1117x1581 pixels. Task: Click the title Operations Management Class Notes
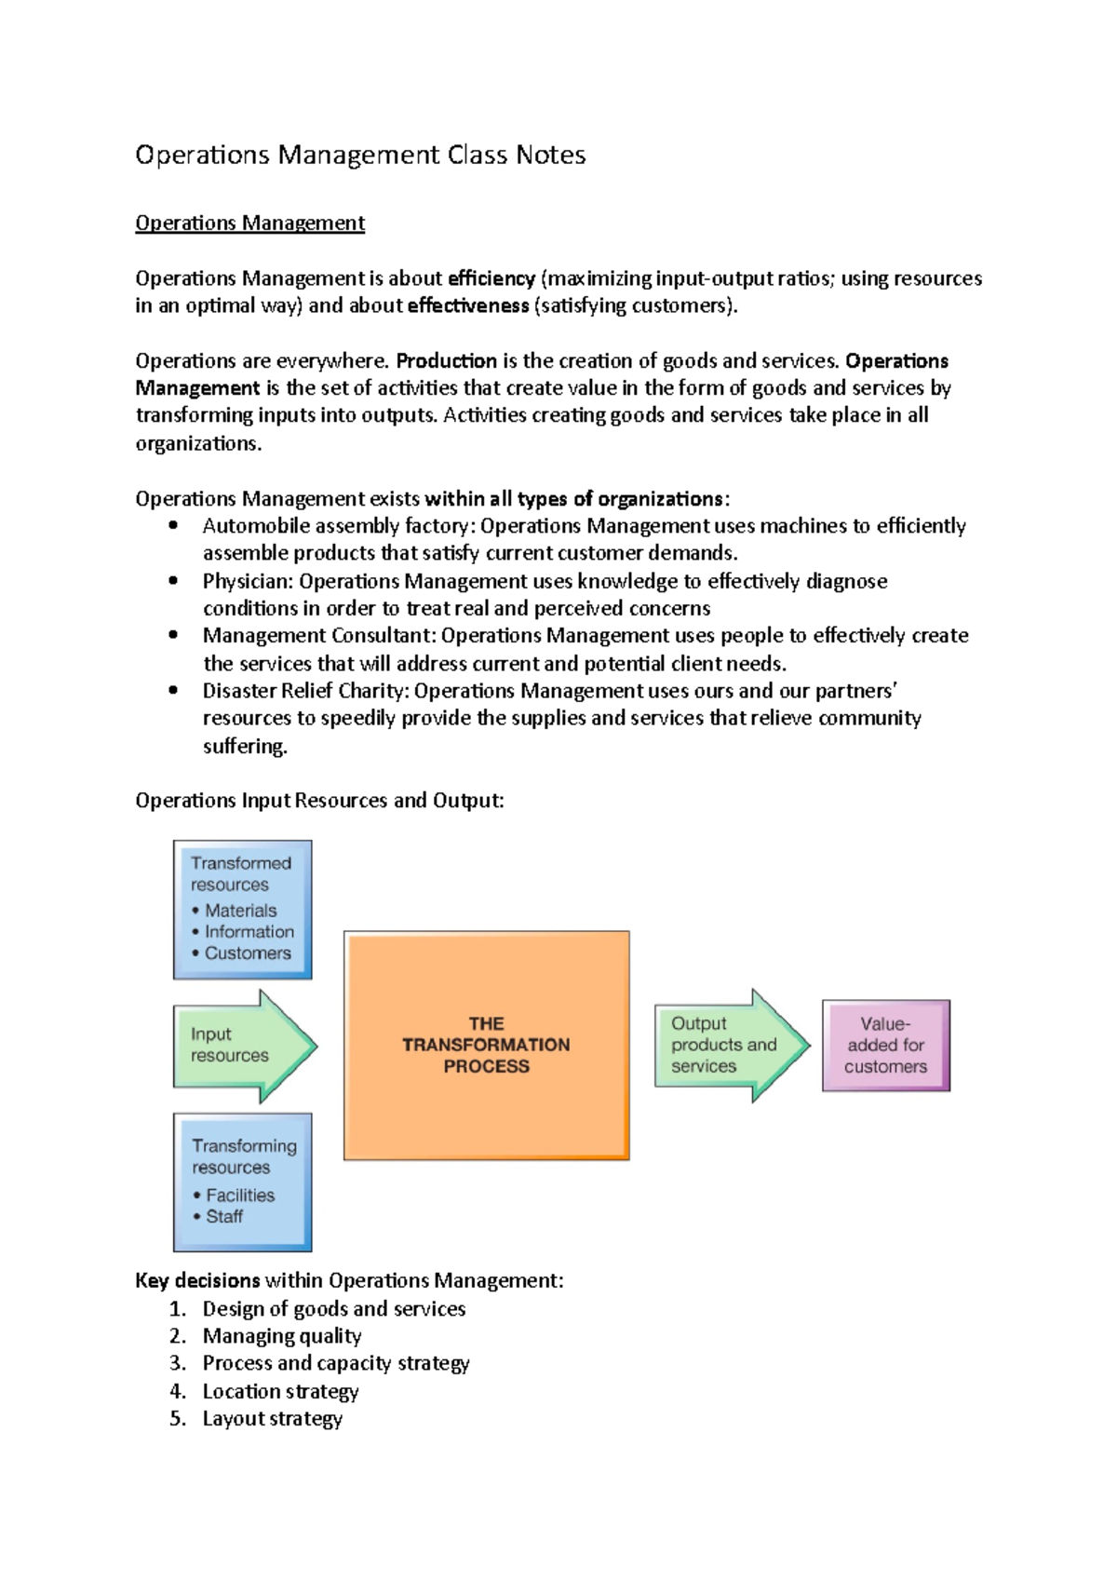(x=360, y=155)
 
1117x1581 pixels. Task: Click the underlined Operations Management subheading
(x=249, y=223)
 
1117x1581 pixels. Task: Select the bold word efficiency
(x=491, y=278)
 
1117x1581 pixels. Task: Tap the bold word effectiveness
(x=467, y=306)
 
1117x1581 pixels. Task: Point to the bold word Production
(x=446, y=361)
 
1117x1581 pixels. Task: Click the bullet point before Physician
(x=173, y=581)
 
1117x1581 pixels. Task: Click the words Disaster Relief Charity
(x=304, y=691)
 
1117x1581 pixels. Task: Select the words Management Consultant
(x=317, y=636)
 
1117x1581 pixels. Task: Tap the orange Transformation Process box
(x=486, y=1045)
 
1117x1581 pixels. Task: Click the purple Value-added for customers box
(x=885, y=1046)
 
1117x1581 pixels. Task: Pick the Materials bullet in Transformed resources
(x=240, y=911)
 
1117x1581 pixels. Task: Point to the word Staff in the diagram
(x=224, y=1217)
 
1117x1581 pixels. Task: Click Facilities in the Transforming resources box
(x=240, y=1196)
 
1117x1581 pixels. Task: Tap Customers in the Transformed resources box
(x=248, y=953)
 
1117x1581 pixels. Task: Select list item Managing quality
(x=281, y=1336)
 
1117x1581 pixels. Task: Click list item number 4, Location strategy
(x=280, y=1392)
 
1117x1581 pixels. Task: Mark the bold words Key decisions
(x=197, y=1281)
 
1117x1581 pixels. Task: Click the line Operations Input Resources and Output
(x=319, y=801)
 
